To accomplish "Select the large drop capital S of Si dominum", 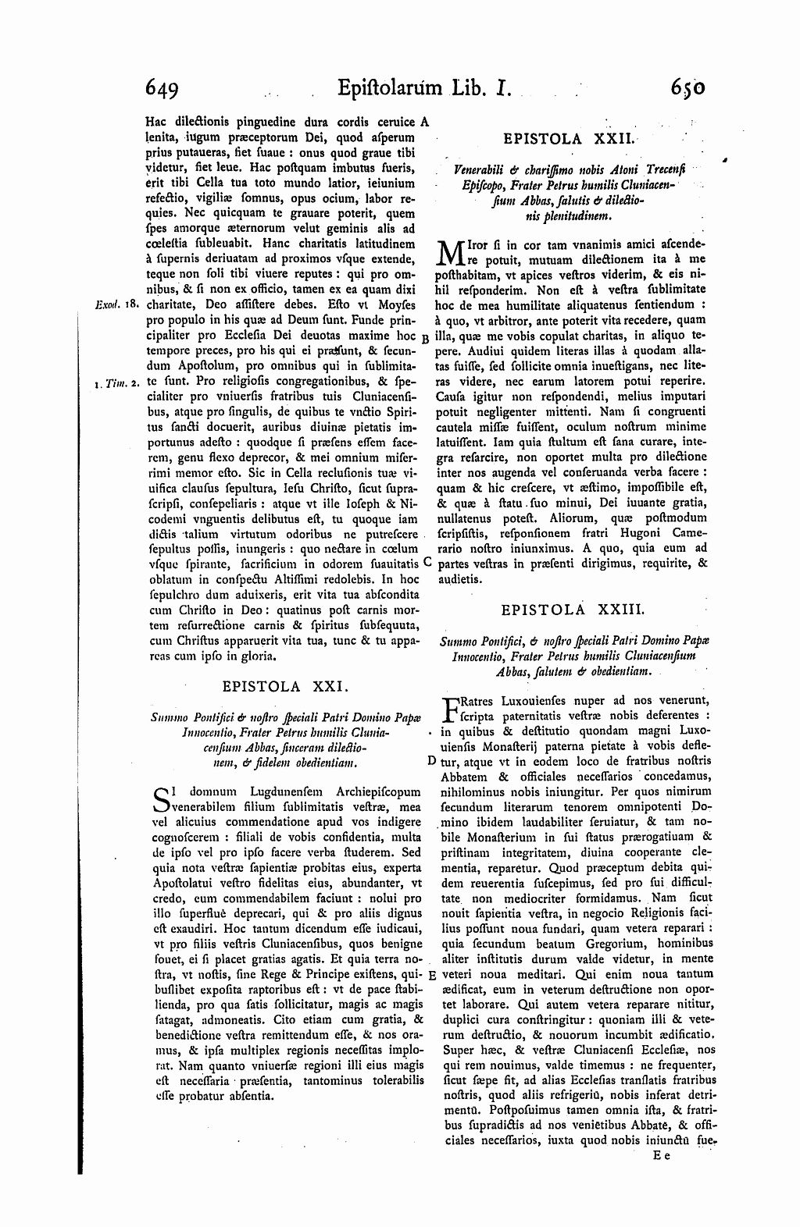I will [159, 800].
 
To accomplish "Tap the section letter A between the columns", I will [425, 121].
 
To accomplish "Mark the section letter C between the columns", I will [427, 560].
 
